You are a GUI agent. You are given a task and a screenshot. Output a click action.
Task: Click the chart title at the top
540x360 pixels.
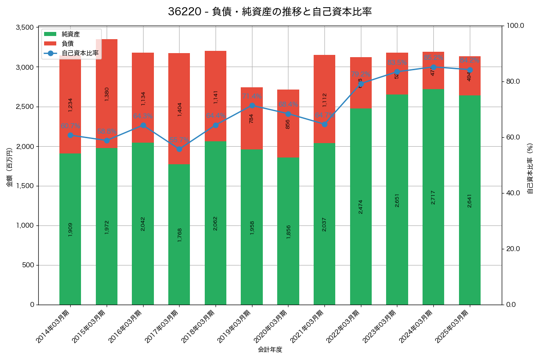point(270,12)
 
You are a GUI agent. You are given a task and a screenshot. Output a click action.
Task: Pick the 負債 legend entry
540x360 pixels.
point(67,44)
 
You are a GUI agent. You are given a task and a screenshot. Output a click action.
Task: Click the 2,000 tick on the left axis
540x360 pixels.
point(25,146)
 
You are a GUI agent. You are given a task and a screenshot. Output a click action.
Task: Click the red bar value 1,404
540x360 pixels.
point(180,109)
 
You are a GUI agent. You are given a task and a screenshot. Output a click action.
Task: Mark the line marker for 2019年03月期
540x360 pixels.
point(252,106)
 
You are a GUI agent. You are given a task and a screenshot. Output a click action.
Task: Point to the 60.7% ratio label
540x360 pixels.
point(70,126)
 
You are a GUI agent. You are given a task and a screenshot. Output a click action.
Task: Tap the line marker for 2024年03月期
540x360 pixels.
point(433,67)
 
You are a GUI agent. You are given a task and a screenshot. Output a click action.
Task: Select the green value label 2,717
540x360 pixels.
point(433,197)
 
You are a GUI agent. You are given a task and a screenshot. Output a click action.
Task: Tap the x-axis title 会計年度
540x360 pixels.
point(270,350)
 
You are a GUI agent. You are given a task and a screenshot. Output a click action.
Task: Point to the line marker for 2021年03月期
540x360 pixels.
point(324,124)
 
